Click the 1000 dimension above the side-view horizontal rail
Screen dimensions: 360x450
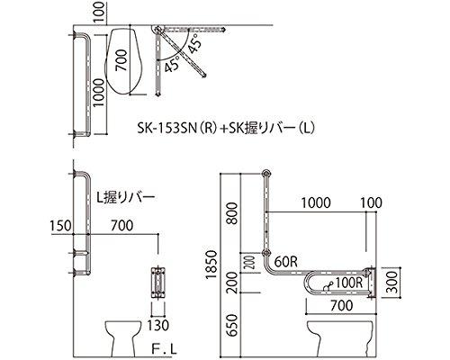(312, 204)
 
